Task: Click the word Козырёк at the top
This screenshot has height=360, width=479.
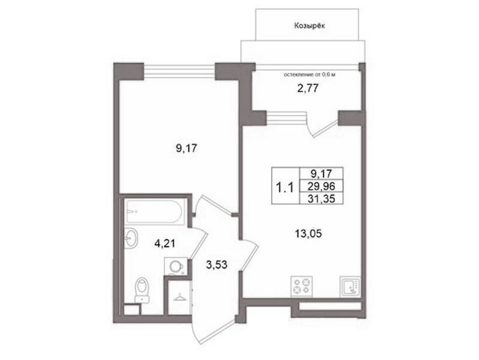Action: [309, 26]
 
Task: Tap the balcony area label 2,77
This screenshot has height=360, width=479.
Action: [308, 88]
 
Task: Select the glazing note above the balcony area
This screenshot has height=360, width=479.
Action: [309, 74]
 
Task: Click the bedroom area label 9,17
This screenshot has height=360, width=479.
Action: [186, 149]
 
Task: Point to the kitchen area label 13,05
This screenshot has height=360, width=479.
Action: [308, 234]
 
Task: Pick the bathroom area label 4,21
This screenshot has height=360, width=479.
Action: [165, 244]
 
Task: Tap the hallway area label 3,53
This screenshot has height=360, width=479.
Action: [216, 265]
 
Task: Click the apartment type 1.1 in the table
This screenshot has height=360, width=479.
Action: [285, 187]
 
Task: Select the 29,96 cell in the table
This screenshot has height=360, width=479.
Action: [321, 185]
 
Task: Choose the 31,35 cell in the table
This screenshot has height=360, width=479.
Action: [321, 199]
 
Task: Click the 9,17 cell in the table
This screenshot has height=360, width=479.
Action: [321, 174]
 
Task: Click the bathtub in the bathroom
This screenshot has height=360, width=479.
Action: [155, 211]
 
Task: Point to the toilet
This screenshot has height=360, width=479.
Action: [141, 290]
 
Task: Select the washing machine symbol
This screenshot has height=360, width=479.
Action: [176, 266]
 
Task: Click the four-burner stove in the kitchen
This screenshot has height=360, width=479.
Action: [302, 286]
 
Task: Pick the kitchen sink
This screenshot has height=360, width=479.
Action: [350, 286]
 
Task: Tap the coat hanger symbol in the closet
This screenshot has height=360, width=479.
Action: [180, 296]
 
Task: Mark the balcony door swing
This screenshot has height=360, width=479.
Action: [323, 127]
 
